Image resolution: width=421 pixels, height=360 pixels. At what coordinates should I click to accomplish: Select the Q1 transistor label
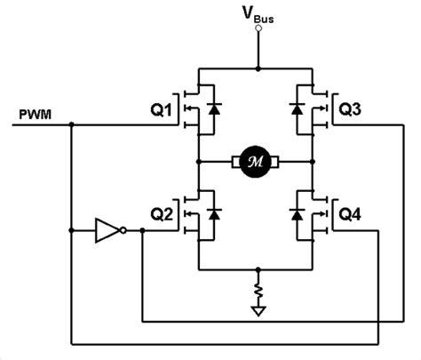coord(164,111)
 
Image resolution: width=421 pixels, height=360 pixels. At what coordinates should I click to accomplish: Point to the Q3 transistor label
coord(350,111)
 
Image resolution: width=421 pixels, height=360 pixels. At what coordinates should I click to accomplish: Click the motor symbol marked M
coord(256,162)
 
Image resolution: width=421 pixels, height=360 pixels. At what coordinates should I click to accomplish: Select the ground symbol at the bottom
coord(258,311)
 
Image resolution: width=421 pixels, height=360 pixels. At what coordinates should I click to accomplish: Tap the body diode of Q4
coord(296,213)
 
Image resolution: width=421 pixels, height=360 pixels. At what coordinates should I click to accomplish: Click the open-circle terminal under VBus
coord(258,28)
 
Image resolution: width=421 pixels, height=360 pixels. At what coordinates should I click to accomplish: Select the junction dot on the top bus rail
coord(258,68)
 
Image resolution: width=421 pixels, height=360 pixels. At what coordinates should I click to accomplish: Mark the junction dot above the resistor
coord(258,269)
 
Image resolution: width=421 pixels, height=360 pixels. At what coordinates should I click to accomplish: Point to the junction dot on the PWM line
coord(71,125)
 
